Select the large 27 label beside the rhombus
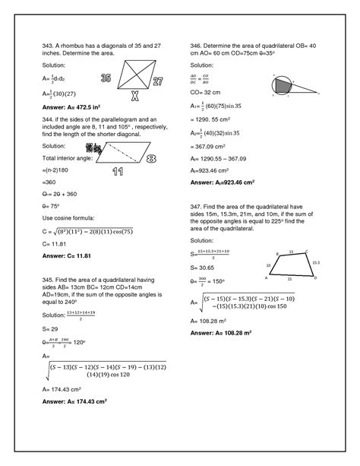[158, 82]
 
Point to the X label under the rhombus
[134, 97]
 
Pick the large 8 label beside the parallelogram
[152, 159]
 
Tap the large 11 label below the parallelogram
[118, 172]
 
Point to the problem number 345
[48, 281]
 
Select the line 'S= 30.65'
[204, 268]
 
